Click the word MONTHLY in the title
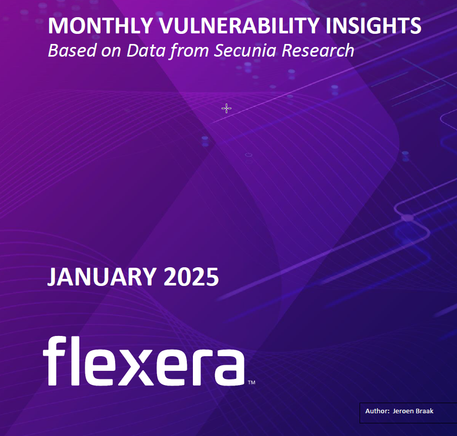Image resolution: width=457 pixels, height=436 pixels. [x=100, y=26]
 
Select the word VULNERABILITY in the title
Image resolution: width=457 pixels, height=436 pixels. [x=239, y=26]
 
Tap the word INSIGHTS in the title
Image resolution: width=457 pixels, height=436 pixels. [x=373, y=26]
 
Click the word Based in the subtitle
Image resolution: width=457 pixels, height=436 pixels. [x=72, y=50]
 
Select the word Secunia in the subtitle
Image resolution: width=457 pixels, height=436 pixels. [x=245, y=50]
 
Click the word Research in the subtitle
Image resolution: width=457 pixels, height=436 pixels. [x=318, y=50]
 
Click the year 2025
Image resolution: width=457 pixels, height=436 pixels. [x=191, y=276]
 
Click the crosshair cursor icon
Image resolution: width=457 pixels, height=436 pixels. [x=226, y=109]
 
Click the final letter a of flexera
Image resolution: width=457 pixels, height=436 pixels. [x=230, y=367]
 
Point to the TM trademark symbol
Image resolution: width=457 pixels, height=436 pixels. [x=251, y=382]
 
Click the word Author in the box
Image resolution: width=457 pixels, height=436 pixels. [x=377, y=411]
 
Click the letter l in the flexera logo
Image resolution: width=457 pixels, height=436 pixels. [x=75, y=361]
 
